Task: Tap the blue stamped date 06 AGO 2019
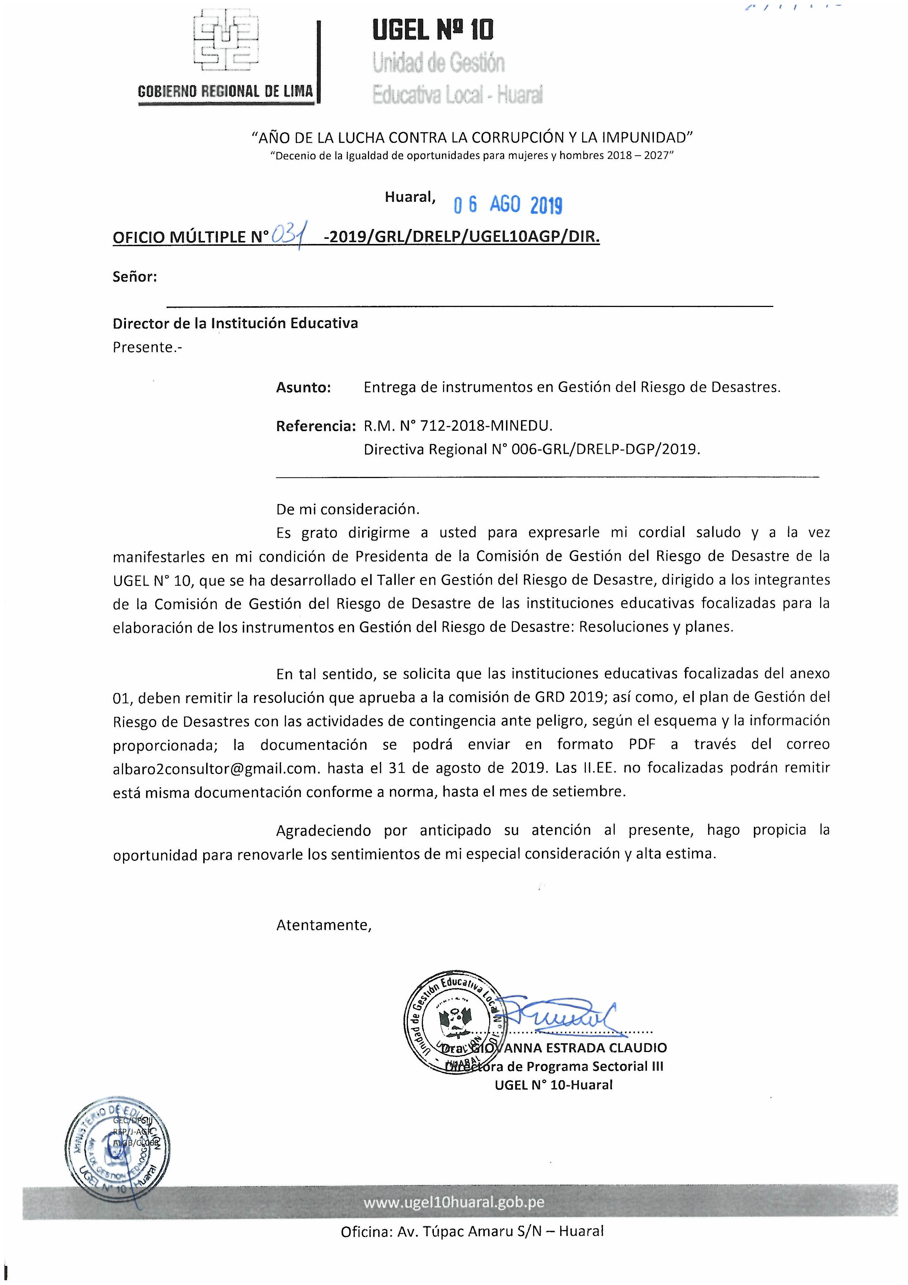[507, 205]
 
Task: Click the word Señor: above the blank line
[135, 277]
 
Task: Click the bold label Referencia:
[316, 426]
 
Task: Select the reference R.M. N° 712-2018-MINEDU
[458, 426]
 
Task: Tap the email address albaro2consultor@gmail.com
[215, 768]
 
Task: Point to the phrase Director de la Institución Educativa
[235, 323]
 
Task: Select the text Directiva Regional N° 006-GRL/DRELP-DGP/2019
[532, 449]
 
